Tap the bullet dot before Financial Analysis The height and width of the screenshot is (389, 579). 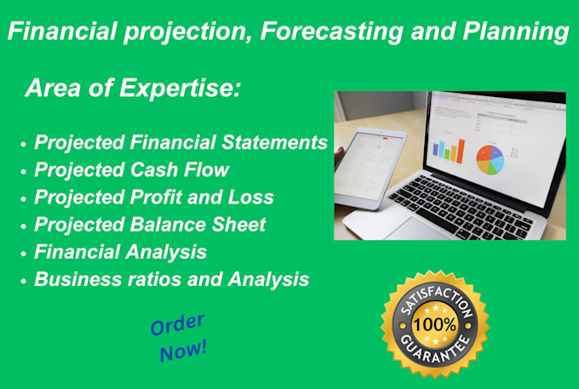(23, 253)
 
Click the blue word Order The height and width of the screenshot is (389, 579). (177, 323)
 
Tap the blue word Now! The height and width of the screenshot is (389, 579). (182, 349)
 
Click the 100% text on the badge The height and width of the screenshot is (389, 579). (434, 323)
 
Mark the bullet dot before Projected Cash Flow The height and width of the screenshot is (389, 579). (23, 171)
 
